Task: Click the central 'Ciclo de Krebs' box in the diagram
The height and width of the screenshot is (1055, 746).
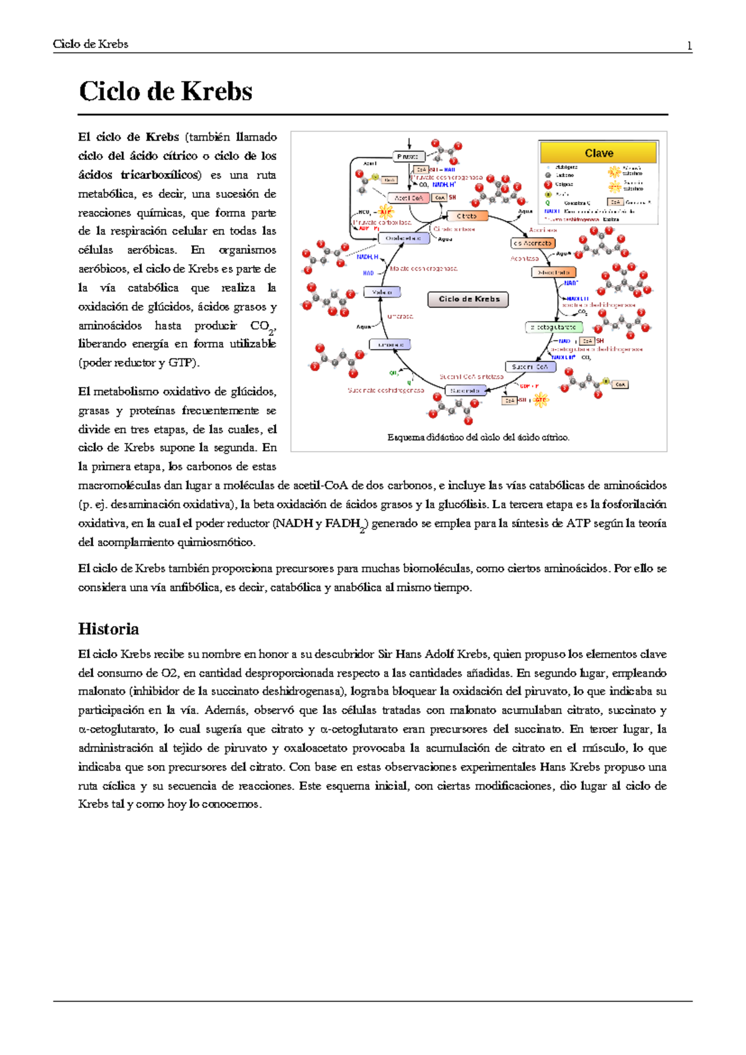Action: [468, 299]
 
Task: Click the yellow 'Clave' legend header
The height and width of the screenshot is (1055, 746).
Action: [598, 153]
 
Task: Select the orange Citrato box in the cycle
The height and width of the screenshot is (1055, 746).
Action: [467, 216]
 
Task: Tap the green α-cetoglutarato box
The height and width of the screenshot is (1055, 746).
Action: [553, 327]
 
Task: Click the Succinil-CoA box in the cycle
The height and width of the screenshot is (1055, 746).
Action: [530, 367]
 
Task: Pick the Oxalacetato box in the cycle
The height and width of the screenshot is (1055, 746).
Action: [403, 238]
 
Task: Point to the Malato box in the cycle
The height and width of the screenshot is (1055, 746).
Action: [382, 292]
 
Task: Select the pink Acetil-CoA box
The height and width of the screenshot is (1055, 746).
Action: [408, 198]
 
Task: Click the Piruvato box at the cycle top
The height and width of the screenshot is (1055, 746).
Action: [408, 157]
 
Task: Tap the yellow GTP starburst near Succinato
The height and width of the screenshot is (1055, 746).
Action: [540, 400]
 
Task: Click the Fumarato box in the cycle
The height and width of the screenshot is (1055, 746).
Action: [390, 345]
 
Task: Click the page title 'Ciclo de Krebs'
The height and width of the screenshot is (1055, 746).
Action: [165, 91]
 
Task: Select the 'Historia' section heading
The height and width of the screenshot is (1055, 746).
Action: [108, 629]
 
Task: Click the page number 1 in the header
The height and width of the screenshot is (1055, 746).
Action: [689, 45]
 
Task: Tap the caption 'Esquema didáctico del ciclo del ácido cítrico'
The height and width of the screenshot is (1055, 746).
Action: [478, 437]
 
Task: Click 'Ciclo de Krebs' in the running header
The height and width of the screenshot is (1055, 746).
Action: [90, 44]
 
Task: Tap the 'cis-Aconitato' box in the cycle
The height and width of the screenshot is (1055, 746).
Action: [533, 243]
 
